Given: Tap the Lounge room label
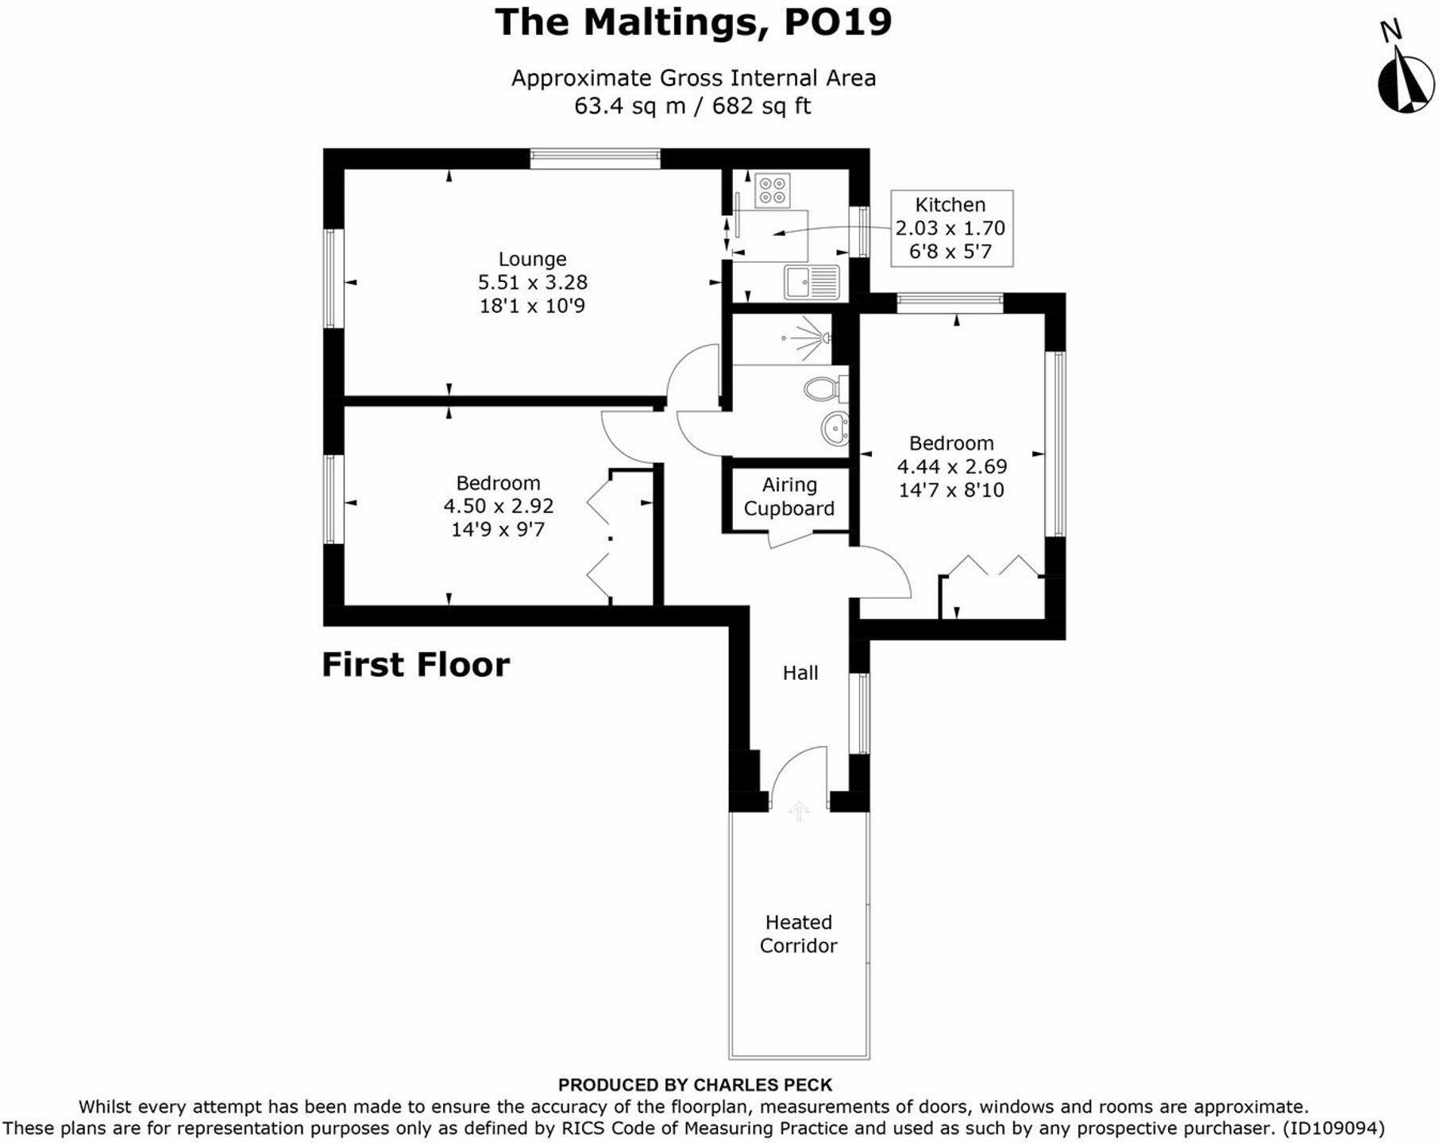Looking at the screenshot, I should (532, 259).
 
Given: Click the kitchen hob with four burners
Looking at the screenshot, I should (772, 190).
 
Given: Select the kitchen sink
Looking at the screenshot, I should (812, 282).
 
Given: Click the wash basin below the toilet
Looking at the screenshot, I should (835, 429).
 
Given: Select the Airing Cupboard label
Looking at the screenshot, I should (788, 496).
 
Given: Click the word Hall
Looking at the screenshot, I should (800, 673).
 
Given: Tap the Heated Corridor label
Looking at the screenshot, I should (798, 933).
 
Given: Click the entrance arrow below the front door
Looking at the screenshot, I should (799, 810).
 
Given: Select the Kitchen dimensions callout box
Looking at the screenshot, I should (950, 228).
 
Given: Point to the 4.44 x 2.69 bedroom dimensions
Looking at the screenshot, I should (951, 466).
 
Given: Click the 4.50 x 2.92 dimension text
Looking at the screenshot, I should (498, 506).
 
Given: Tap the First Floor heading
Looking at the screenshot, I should (415, 665).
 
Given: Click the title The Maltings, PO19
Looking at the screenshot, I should (693, 21).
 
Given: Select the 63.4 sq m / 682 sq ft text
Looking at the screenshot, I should (692, 106).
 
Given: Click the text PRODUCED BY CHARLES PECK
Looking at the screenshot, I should (695, 1084).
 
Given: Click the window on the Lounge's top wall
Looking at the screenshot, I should (595, 159).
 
